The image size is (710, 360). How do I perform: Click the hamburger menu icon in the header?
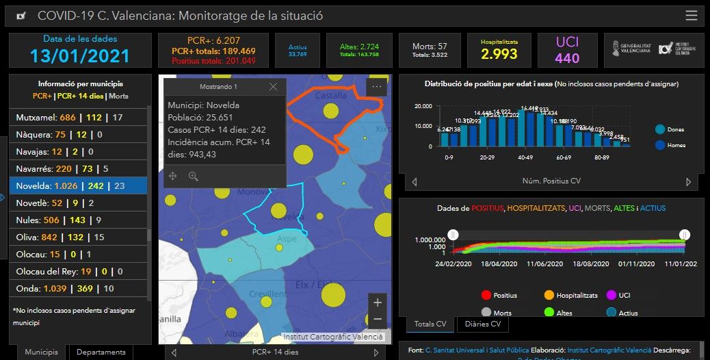[691, 16]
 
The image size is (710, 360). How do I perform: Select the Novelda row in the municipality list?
[78, 185]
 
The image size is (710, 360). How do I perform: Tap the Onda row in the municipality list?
[78, 288]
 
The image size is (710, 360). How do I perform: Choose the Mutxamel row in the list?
[78, 118]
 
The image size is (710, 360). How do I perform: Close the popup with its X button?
[273, 87]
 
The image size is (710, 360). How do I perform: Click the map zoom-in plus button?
[378, 302]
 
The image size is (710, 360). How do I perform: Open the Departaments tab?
[101, 352]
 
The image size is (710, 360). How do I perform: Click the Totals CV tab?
[431, 324]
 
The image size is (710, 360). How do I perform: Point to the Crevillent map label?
[268, 294]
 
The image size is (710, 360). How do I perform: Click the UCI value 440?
[567, 58]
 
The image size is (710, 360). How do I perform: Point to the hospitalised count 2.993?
[499, 55]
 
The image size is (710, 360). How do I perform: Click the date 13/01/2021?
[79, 55]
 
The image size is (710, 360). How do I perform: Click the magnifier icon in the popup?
[194, 176]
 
